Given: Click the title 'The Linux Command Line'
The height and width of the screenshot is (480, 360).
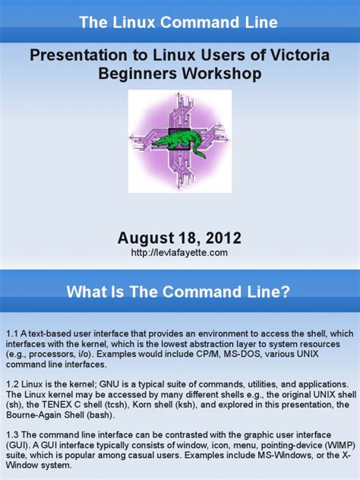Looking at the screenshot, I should pos(179,22).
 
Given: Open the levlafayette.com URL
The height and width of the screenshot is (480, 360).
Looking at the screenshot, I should pos(179,251).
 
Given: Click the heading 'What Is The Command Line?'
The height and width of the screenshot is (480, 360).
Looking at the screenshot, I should pos(179,292).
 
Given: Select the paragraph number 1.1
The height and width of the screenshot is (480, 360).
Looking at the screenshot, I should pos(12,333).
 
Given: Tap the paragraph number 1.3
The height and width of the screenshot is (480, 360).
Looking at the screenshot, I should pos(12,433).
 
